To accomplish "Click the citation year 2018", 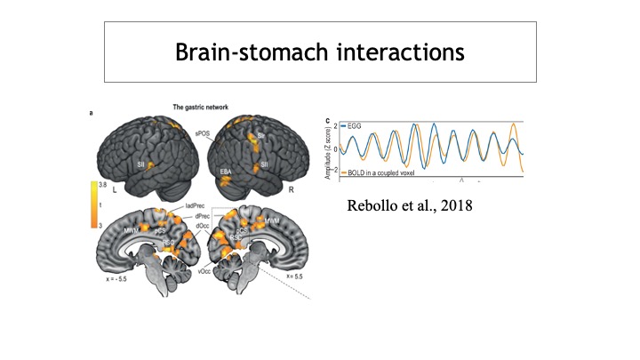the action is click(448, 211).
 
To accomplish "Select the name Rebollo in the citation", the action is click(367, 211).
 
